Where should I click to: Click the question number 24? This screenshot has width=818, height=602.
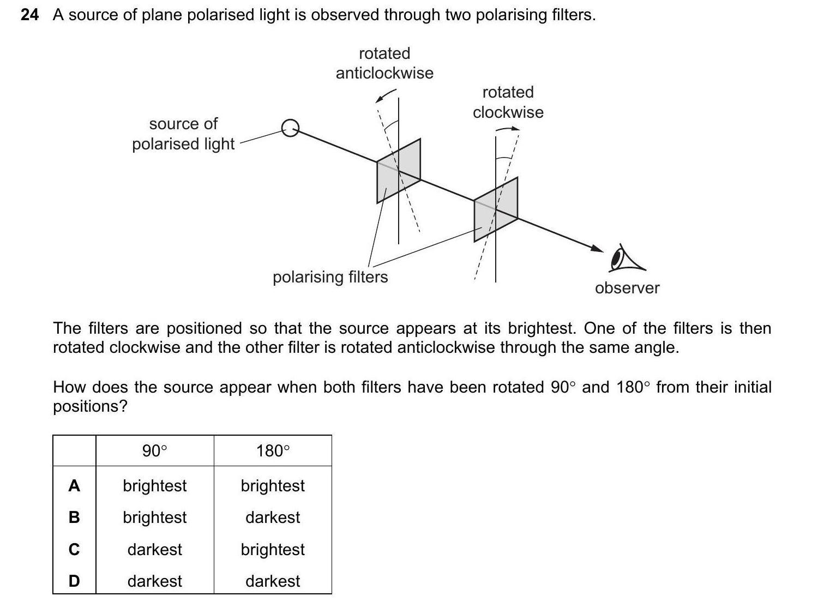[x=29, y=15]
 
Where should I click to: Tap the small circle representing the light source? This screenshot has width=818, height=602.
[x=290, y=128]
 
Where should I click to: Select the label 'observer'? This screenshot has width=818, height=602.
[x=627, y=288]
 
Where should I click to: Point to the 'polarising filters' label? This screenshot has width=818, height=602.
[x=330, y=277]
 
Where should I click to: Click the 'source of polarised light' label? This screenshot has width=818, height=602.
[x=183, y=134]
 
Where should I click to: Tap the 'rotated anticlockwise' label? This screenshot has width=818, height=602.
[x=384, y=63]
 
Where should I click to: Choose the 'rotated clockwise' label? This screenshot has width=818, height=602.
[x=508, y=102]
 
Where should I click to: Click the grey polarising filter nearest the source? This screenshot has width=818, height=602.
[x=398, y=171]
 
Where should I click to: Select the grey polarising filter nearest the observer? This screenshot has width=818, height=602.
[x=495, y=209]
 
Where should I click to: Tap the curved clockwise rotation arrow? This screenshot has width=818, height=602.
[x=508, y=129]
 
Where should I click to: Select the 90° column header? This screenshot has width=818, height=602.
[x=154, y=451]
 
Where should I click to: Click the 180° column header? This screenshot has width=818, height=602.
[x=273, y=451]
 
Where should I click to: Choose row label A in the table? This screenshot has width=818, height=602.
[x=74, y=486]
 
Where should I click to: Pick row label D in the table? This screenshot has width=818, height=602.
[x=74, y=581]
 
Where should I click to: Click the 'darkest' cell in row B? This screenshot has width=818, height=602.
[x=273, y=517]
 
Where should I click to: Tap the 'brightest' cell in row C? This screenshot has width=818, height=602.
[x=273, y=549]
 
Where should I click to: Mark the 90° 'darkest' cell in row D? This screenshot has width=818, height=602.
[x=154, y=581]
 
